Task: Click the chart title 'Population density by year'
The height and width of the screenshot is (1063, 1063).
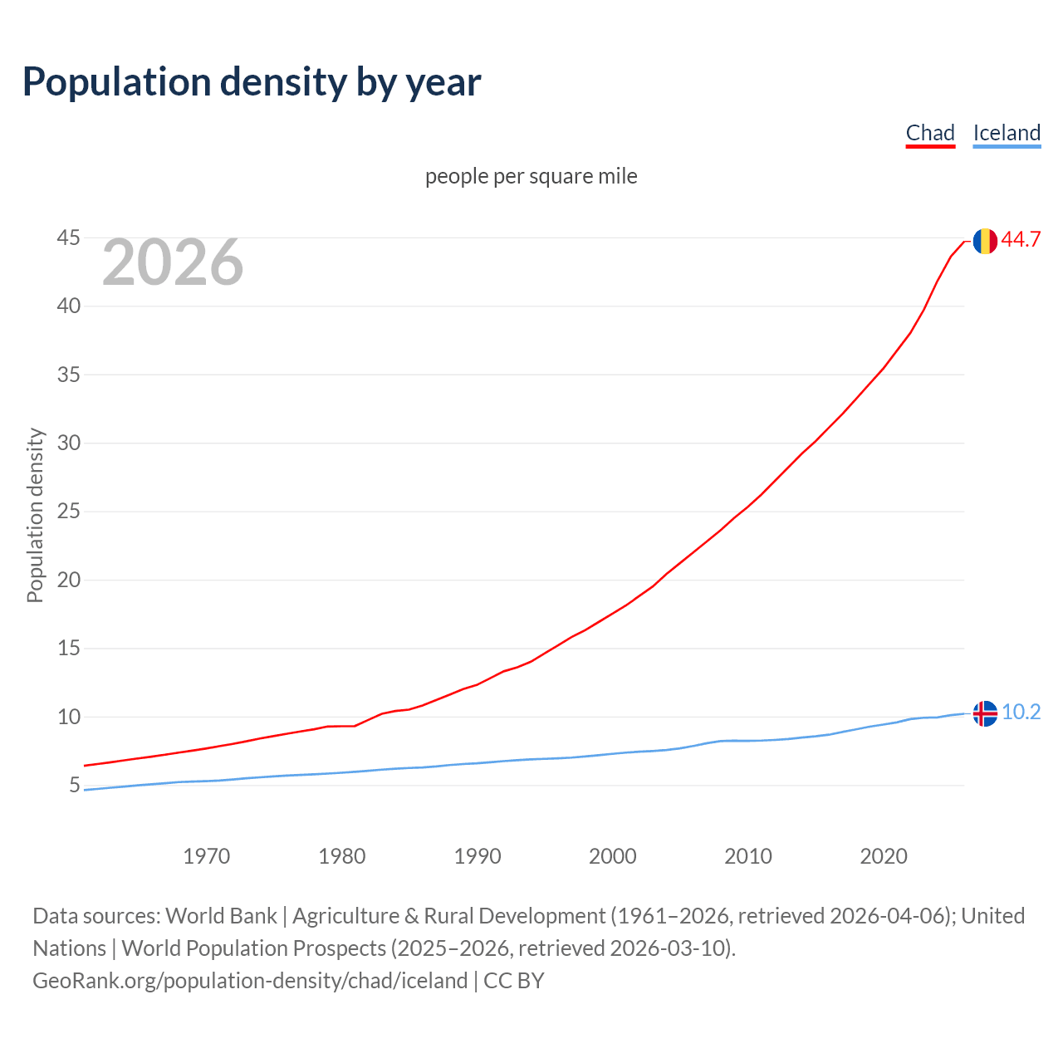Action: [x=252, y=81]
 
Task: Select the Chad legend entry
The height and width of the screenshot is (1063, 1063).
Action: [x=930, y=133]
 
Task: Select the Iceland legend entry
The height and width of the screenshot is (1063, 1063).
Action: [x=1007, y=133]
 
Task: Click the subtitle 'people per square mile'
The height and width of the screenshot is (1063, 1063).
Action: [x=531, y=176]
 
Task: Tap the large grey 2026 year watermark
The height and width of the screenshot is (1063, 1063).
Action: [x=173, y=262]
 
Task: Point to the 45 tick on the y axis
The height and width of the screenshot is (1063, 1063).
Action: [x=69, y=238]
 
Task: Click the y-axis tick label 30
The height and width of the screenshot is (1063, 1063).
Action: [x=69, y=443]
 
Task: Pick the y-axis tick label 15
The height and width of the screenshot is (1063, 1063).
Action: [x=69, y=649]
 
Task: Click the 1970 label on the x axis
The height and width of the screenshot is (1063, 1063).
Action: [x=206, y=856]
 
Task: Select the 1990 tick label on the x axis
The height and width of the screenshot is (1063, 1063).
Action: [x=478, y=856]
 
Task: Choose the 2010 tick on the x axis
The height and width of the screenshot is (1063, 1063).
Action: [x=748, y=856]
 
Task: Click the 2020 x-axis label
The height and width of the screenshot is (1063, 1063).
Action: [x=884, y=856]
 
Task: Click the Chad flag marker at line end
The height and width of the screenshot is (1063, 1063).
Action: [x=985, y=241]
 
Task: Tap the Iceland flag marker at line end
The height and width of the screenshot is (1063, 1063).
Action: [x=985, y=713]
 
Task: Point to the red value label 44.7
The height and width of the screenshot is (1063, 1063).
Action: [x=1021, y=240]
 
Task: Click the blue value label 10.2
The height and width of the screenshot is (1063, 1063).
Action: [x=1021, y=713]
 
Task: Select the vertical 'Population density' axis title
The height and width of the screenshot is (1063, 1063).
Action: [x=35, y=515]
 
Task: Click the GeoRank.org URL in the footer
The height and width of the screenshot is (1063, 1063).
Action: [x=250, y=981]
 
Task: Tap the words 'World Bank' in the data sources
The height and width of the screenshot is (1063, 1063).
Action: [x=221, y=916]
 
